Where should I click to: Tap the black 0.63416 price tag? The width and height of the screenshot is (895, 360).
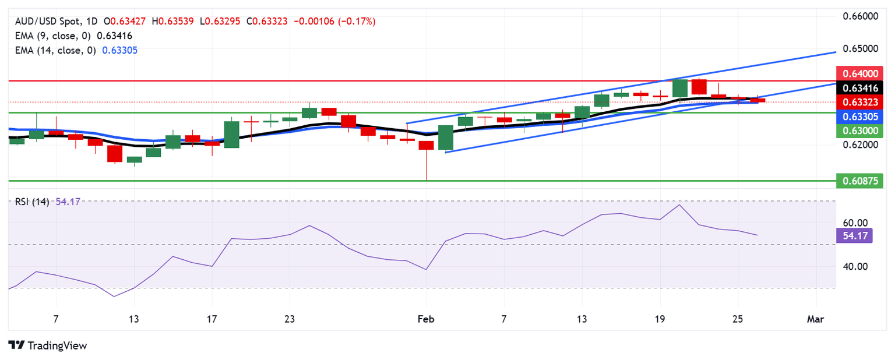(x=859, y=88)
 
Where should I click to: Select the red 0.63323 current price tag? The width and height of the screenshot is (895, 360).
(x=859, y=102)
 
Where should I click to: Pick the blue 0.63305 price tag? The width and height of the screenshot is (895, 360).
(x=859, y=117)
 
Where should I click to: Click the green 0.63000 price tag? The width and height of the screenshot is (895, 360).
(x=859, y=131)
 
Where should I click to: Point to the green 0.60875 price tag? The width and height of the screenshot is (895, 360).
(x=859, y=181)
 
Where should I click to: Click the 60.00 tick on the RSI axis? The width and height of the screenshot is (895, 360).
(x=855, y=223)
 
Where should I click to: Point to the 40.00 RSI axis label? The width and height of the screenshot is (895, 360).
(x=855, y=267)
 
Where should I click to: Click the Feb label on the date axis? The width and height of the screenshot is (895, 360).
(x=426, y=319)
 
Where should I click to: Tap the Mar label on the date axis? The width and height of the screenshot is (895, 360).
(x=816, y=319)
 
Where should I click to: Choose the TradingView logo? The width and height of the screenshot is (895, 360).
(x=48, y=345)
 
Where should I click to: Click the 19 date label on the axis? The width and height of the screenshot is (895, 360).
(x=660, y=319)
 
